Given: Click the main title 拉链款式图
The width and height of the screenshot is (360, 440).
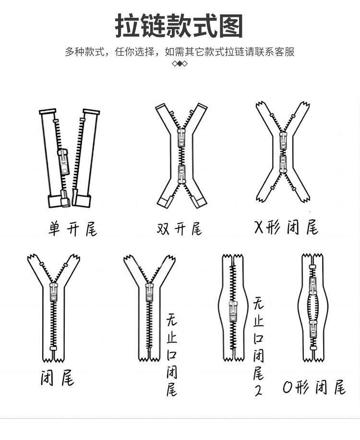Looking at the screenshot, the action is tap(180, 26).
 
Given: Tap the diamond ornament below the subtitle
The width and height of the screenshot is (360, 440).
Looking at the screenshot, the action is tap(180, 64).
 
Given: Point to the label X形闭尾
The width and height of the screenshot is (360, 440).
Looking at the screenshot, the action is tap(286, 227).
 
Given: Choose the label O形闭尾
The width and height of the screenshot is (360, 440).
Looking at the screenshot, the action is tap(314, 387).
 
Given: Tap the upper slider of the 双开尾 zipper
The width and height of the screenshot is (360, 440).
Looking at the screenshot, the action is tap(181, 138).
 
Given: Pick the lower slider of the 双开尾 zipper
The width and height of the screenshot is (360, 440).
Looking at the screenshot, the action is tap(181, 173).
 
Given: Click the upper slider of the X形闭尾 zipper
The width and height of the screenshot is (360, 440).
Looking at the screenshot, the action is tap(283, 140).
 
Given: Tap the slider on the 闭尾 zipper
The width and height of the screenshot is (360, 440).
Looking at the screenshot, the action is tap(54, 293).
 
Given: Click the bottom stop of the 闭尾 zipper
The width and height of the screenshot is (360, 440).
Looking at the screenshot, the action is tap(53, 348).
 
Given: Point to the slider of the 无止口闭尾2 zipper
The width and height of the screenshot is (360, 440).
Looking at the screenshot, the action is tap(233, 312).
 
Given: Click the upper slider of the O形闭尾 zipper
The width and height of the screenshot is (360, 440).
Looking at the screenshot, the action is tap(313, 287).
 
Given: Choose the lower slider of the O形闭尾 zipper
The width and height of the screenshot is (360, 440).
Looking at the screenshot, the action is tap(313, 329).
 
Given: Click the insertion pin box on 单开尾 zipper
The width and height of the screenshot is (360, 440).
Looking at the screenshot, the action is tap(64, 198).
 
